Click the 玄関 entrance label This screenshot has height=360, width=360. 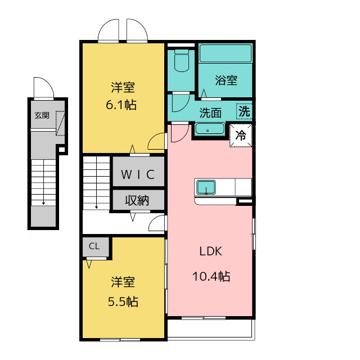(42, 115)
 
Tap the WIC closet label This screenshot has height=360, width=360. (138, 174)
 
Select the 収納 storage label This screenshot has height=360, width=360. (137, 200)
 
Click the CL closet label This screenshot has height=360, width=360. (94, 246)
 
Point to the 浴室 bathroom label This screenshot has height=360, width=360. (226, 80)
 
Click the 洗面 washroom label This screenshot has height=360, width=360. (210, 113)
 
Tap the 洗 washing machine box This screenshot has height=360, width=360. (244, 111)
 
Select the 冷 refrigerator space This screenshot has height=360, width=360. (241, 136)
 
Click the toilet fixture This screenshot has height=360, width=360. (182, 60)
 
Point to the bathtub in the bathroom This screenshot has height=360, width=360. (226, 53)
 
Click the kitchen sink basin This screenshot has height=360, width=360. (206, 187)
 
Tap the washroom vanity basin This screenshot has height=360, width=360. (210, 129)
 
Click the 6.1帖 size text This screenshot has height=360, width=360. (121, 105)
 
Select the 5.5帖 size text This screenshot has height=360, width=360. (123, 301)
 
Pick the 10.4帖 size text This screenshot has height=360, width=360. (211, 276)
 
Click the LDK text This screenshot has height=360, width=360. (210, 251)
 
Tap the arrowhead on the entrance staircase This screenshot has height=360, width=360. (43, 203)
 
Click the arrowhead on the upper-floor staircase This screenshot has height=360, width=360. (96, 207)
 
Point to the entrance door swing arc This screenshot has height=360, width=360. (49, 82)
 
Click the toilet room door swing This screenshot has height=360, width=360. (184, 107)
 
